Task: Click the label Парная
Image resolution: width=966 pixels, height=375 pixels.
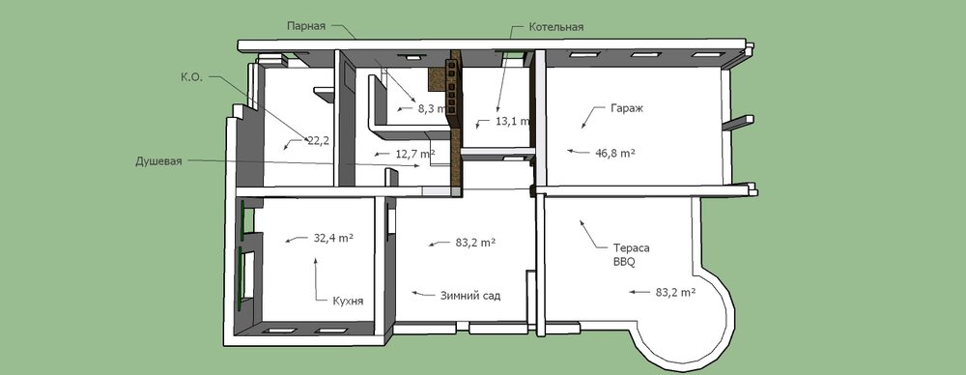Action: pyautogui.click(x=306, y=26)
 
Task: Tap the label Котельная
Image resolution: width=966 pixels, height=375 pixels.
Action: pyautogui.click(x=555, y=27)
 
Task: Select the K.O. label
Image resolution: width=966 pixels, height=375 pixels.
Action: pyautogui.click(x=191, y=77)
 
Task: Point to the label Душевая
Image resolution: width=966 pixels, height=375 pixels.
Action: pyautogui.click(x=159, y=161)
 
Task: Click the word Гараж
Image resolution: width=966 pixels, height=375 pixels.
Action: pyautogui.click(x=627, y=108)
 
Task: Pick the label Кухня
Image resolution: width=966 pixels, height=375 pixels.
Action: pyautogui.click(x=348, y=301)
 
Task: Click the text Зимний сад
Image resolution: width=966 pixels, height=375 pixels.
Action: pyautogui.click(x=470, y=296)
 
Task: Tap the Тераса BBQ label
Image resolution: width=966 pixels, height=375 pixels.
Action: pyautogui.click(x=631, y=255)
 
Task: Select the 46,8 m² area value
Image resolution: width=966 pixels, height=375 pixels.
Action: pyautogui.click(x=614, y=153)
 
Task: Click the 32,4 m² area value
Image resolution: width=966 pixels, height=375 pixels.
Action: pyautogui.click(x=333, y=238)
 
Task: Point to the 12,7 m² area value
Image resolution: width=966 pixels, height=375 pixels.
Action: pyautogui.click(x=414, y=154)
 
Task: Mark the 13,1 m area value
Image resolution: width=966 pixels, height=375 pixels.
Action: pyautogui.click(x=512, y=121)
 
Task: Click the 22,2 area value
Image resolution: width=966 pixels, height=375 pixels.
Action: pyautogui.click(x=318, y=141)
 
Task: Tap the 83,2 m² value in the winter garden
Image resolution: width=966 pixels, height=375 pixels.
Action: pyautogui.click(x=475, y=243)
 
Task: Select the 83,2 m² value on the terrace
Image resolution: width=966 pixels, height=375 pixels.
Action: pyautogui.click(x=676, y=292)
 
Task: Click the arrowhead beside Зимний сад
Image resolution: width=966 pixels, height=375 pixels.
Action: pyautogui.click(x=415, y=293)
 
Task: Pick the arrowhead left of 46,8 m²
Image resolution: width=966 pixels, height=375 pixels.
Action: pyautogui.click(x=571, y=150)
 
